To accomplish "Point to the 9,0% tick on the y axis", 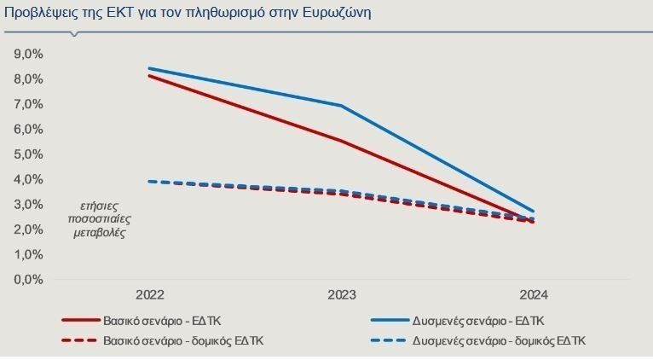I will click(28, 54).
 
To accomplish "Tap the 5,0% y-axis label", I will click(28, 154).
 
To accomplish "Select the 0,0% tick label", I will click(28, 280).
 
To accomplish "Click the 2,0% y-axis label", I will click(28, 229).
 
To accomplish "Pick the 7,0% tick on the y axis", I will click(28, 104).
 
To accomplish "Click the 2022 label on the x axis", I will click(149, 295).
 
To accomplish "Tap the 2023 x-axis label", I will click(342, 295).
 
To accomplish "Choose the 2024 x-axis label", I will click(534, 295).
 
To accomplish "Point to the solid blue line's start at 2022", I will click(149, 68).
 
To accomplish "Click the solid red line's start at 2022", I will click(149, 76).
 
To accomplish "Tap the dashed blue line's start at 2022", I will click(149, 181).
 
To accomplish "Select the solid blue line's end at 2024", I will click(534, 211).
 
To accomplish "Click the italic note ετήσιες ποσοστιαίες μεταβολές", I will click(101, 219).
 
